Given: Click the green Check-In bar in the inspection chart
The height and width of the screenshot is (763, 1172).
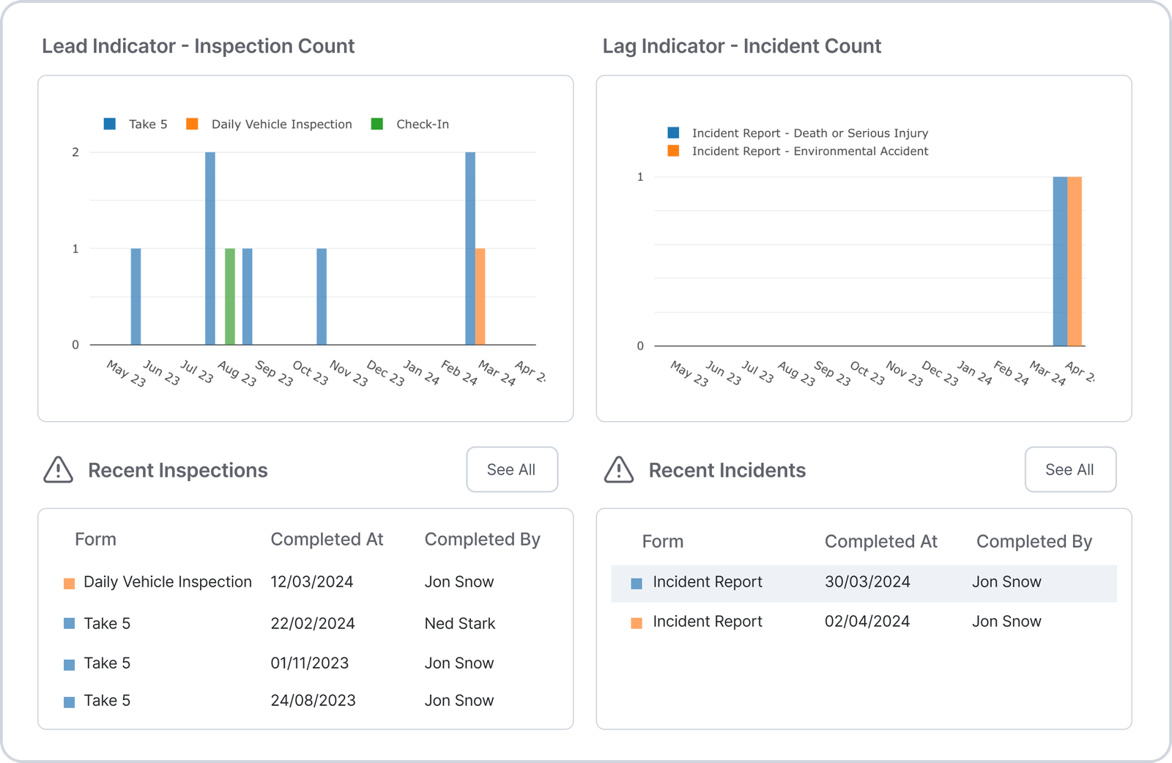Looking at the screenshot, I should click(x=230, y=297).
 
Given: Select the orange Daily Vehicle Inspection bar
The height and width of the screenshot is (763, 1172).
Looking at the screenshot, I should click(x=481, y=297).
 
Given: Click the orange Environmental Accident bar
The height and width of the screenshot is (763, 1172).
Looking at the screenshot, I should click(x=1075, y=261).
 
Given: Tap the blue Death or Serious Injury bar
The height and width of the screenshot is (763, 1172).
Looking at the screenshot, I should click(x=1060, y=261).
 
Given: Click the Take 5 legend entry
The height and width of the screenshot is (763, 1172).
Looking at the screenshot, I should click(x=137, y=124).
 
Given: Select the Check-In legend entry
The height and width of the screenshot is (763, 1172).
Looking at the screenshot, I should click(x=411, y=124).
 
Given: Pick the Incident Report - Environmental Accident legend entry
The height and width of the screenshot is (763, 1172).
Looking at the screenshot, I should click(x=798, y=152).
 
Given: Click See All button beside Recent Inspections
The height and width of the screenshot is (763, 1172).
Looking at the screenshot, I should click(x=512, y=469).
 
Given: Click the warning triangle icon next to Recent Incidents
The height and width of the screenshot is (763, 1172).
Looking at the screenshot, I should click(x=619, y=470).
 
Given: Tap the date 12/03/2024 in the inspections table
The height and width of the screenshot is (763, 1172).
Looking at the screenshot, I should click(x=312, y=582).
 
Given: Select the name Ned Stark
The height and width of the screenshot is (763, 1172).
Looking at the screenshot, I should click(x=460, y=624).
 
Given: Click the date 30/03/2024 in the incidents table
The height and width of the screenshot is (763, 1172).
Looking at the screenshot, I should click(x=867, y=582).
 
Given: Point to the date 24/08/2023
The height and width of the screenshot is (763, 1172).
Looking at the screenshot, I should click(x=313, y=701).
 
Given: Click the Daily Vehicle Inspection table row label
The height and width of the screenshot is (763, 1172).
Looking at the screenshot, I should click(x=167, y=582).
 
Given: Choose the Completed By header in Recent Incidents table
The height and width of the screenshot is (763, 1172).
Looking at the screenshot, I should click(x=1034, y=542).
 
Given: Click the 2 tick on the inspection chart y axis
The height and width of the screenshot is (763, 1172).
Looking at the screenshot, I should click(x=75, y=152).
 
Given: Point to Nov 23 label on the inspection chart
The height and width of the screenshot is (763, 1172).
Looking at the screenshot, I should click(x=349, y=373).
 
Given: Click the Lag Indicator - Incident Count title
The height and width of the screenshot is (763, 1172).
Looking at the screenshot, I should click(x=741, y=46).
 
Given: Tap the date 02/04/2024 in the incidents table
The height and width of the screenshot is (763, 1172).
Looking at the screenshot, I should click(x=867, y=622).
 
